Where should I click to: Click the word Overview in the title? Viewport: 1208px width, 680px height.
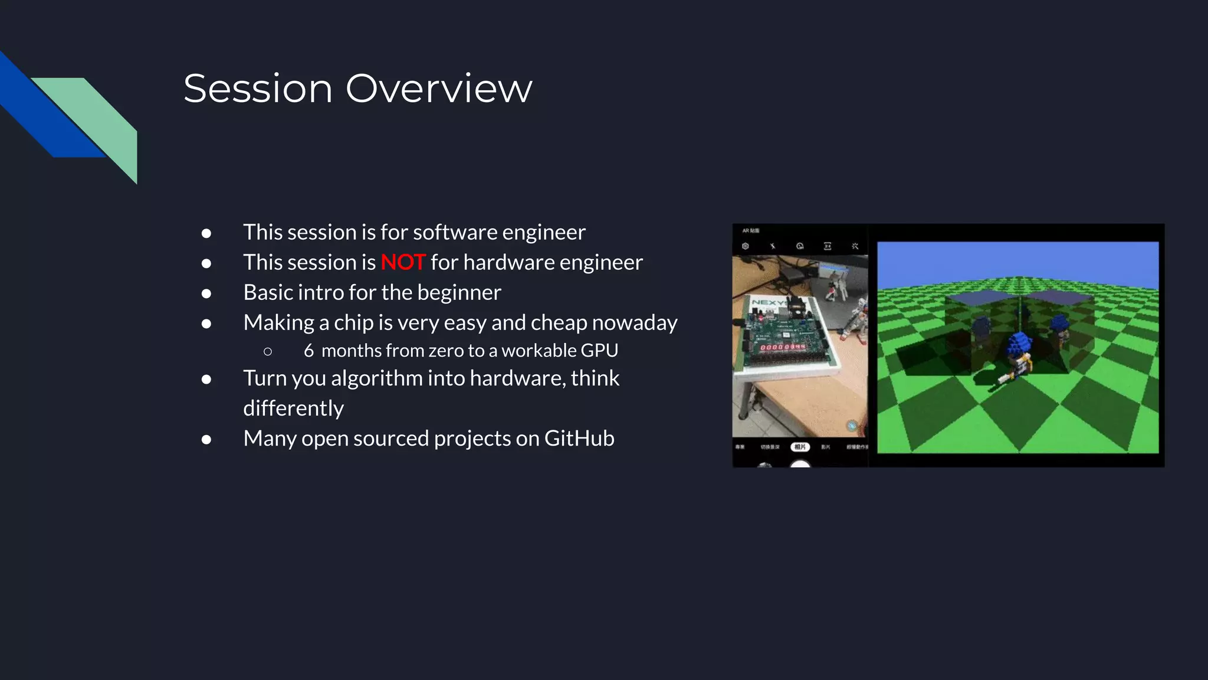coord(438,89)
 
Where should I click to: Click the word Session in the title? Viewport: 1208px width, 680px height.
coord(258,89)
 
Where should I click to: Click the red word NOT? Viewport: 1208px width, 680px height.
coord(403,262)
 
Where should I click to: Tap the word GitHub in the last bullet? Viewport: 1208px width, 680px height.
coord(579,438)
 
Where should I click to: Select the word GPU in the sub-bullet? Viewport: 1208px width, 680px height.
coord(599,350)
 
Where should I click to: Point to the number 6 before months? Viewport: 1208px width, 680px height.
coord(308,350)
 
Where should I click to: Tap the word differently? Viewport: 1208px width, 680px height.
coord(293,408)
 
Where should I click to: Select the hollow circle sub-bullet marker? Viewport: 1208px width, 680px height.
coord(268,351)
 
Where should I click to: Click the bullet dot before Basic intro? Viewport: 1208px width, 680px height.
coord(206,293)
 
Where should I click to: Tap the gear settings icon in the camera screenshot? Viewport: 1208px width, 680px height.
coord(746,246)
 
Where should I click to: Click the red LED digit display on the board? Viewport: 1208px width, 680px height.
coord(782,347)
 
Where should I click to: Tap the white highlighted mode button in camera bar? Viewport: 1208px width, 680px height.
coord(800,447)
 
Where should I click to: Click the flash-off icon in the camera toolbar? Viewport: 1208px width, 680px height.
coord(773,246)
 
